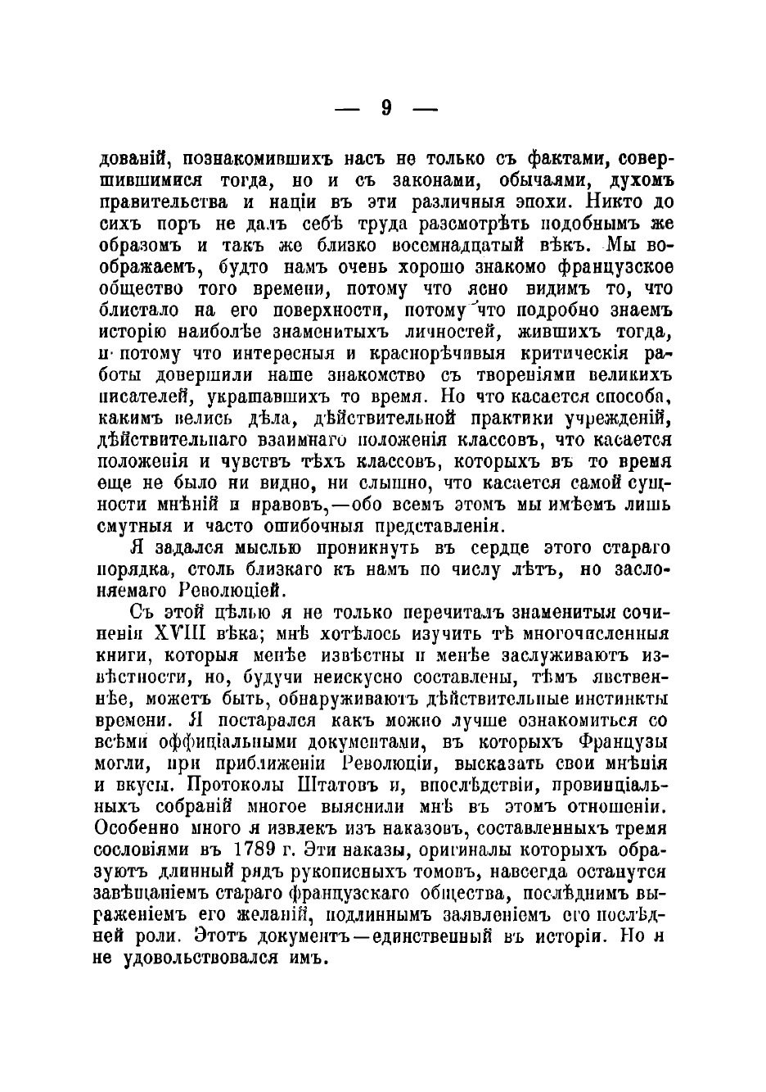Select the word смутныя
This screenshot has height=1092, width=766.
pos(136,526)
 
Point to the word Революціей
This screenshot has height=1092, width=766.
pos(229,591)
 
